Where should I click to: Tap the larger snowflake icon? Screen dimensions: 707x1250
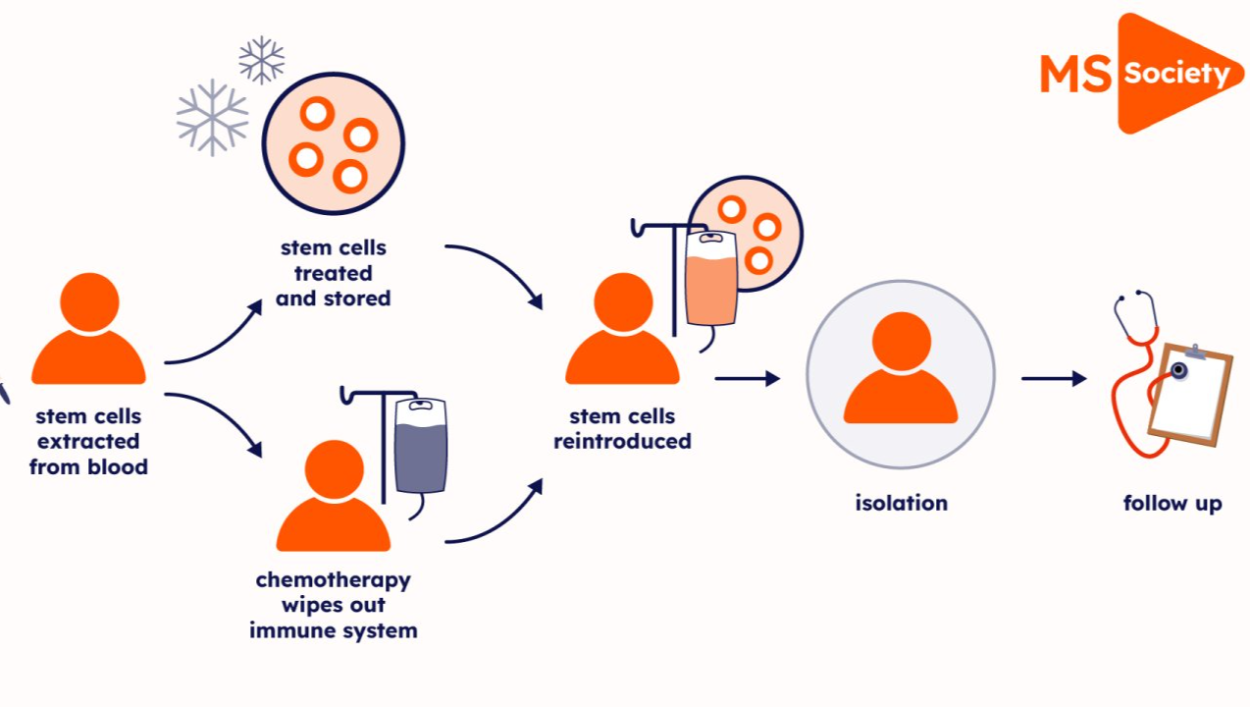coord(212,117)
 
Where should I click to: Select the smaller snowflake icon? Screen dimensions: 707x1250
coord(261,61)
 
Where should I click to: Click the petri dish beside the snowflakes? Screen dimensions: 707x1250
coord(334,143)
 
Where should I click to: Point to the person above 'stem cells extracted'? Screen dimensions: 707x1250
coord(88,329)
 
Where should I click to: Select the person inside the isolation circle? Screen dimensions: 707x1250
coord(900,370)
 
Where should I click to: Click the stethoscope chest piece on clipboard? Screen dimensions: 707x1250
coord(1176,370)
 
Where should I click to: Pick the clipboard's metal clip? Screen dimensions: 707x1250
coord(1194,351)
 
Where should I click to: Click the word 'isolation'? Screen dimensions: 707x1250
coord(901,503)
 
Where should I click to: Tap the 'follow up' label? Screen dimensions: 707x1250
coord(1172,504)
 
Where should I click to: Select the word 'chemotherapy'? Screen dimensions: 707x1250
coord(333,579)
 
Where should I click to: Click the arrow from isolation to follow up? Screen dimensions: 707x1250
coord(1054,378)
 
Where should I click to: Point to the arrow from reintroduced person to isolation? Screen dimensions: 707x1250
coord(747,378)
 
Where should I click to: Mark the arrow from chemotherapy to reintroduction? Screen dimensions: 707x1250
coord(495,516)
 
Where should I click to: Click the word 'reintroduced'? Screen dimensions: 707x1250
coord(622,441)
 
